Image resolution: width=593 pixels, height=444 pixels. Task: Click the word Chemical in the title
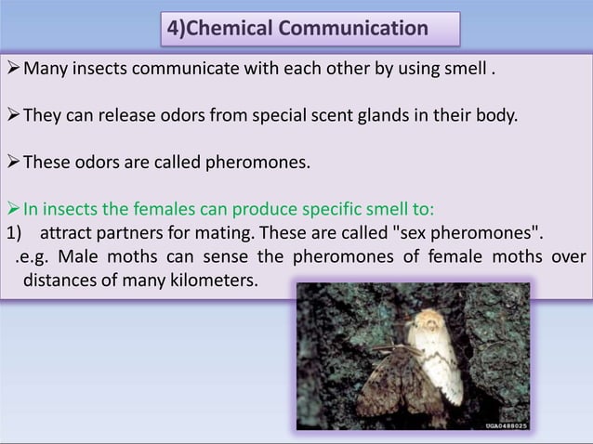pos(233,29)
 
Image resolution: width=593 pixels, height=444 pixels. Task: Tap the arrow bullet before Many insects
pos(11,68)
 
